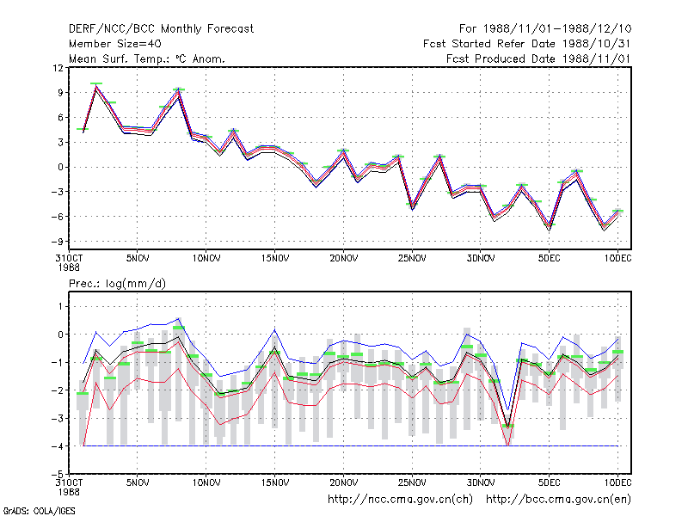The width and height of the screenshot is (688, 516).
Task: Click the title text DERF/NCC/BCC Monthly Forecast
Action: tap(161, 29)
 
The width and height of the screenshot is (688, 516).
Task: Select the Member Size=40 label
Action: tap(115, 44)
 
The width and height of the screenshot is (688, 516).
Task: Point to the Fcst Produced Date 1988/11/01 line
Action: tap(538, 58)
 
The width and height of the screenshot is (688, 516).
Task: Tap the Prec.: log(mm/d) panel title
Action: tap(117, 284)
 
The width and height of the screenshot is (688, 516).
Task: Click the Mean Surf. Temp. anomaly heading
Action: tap(146, 58)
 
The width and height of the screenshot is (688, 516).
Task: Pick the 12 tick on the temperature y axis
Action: tap(58, 68)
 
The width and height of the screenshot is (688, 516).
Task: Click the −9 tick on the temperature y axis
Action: tap(57, 242)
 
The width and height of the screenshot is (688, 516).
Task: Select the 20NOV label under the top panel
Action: tap(343, 259)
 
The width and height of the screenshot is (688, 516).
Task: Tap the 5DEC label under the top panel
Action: tap(549, 259)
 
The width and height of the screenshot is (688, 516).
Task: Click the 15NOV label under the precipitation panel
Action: tap(275, 482)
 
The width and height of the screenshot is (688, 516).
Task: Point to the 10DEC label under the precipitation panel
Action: tap(617, 482)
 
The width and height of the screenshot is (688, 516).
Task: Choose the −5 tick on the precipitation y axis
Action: tap(57, 475)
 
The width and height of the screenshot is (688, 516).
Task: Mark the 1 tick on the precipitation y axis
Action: tap(60, 307)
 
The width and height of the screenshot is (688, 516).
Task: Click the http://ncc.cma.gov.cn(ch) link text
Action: tap(400, 500)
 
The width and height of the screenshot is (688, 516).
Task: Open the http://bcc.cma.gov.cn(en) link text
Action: tap(558, 500)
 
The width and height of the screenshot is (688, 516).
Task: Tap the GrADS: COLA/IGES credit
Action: tap(39, 511)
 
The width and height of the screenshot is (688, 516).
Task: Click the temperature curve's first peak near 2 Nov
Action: tap(96, 86)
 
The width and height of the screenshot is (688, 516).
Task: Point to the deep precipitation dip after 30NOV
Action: tap(508, 443)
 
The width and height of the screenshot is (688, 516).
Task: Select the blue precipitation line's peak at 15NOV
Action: tap(275, 329)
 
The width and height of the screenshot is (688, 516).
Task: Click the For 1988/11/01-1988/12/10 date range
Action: tap(545, 29)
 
